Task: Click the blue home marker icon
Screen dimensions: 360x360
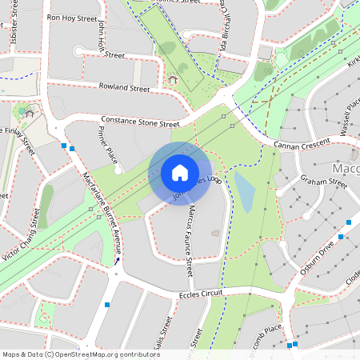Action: tap(180, 173)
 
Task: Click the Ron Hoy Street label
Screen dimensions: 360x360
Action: tap(73, 17)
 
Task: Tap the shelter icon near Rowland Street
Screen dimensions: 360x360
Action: tap(172, 79)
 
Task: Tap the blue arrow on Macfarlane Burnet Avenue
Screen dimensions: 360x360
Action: tap(118, 260)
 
